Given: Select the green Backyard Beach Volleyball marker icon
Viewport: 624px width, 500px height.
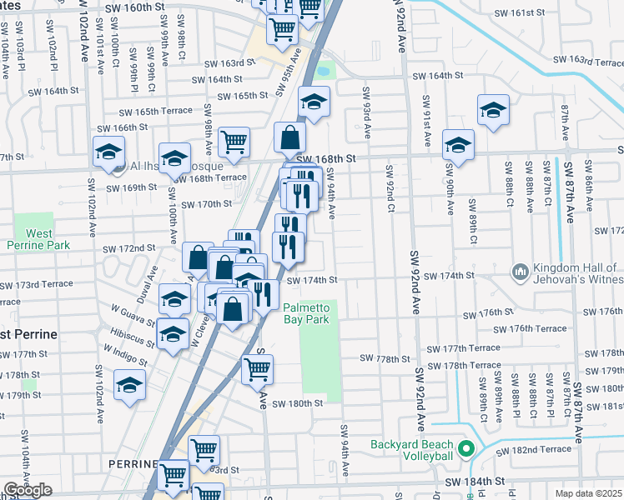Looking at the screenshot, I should (x=466, y=449).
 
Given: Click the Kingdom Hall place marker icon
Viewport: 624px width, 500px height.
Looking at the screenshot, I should (x=521, y=272).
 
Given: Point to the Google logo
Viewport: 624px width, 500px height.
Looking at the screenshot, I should (x=28, y=490).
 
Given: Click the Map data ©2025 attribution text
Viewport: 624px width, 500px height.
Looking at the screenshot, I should (x=588, y=493).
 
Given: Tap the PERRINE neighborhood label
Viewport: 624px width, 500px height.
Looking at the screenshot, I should (x=132, y=463).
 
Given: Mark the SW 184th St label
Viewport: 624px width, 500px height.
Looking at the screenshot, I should (x=476, y=482).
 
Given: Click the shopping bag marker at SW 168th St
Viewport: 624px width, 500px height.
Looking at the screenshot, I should (x=289, y=137).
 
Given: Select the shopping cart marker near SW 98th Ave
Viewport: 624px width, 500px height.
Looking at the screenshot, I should (x=234, y=141).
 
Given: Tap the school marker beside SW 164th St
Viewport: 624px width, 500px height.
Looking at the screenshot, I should (x=315, y=102).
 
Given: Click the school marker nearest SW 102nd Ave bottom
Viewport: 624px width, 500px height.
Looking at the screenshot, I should (x=129, y=384).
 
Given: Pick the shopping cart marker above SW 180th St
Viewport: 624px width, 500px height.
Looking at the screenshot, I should (x=258, y=368).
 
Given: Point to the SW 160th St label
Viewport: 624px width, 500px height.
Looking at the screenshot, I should (x=136, y=7).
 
